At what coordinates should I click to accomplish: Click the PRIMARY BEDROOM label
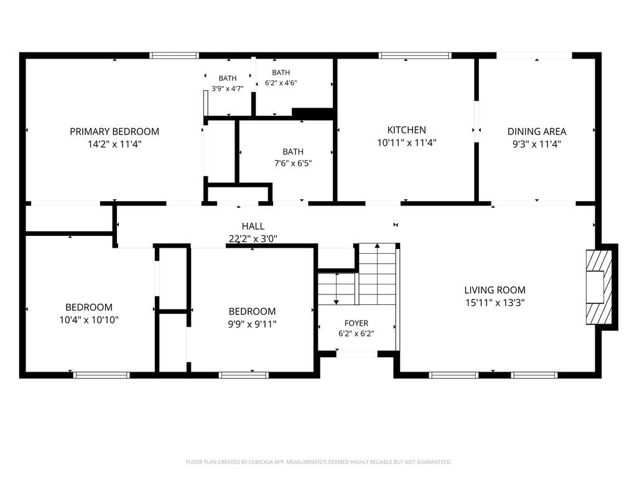click(x=114, y=132)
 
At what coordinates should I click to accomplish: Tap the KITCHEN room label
click(x=407, y=130)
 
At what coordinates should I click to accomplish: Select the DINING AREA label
click(x=537, y=132)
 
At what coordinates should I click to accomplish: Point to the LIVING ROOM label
click(x=495, y=290)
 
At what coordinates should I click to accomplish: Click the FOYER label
click(x=356, y=323)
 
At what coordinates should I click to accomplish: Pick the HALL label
click(x=253, y=227)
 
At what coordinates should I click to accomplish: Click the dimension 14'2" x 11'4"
click(x=114, y=144)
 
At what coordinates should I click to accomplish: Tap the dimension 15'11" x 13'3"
click(x=495, y=303)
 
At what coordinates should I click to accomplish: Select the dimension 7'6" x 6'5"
click(x=293, y=164)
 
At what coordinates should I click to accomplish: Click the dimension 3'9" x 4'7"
click(x=228, y=88)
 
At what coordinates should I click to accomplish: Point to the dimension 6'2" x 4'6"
click(x=281, y=83)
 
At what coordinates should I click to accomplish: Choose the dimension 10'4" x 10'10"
click(x=89, y=320)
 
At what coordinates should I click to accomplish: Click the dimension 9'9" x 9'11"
click(x=253, y=324)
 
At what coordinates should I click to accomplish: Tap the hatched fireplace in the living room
click(x=599, y=287)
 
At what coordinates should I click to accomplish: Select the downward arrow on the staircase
click(x=337, y=289)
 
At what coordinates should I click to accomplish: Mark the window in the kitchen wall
click(x=415, y=55)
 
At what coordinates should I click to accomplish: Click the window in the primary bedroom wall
click(x=174, y=55)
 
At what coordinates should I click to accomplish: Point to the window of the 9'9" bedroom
click(x=244, y=375)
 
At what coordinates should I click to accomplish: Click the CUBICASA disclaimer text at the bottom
click(x=318, y=462)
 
